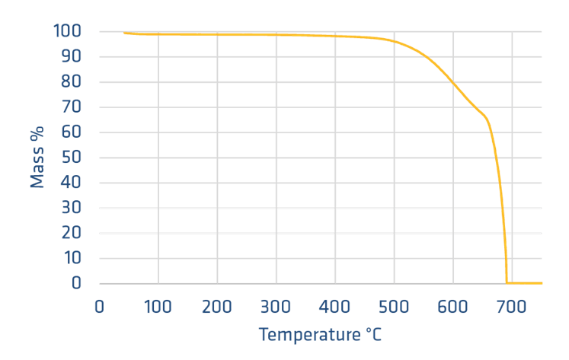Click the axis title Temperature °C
[320, 334]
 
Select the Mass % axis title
[37, 157]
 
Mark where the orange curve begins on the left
[123, 33]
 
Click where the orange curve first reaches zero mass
[507, 283]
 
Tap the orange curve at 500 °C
[394, 41]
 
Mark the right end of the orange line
[542, 283]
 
